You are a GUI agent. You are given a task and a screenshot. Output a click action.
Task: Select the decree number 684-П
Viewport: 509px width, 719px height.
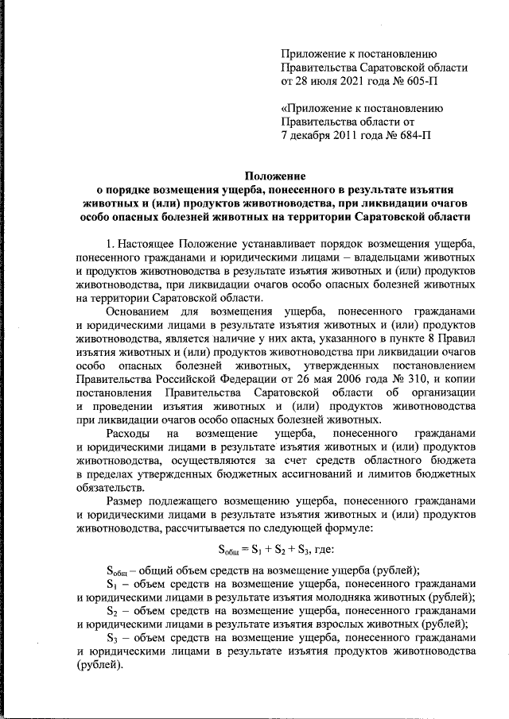pyautogui.click(x=413, y=135)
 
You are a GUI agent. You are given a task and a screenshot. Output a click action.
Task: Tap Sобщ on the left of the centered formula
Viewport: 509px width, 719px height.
pyautogui.click(x=231, y=550)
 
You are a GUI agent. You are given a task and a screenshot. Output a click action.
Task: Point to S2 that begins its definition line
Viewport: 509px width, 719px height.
pyautogui.click(x=112, y=610)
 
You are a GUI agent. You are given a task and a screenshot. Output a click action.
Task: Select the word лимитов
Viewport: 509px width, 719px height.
pyautogui.click(x=381, y=474)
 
